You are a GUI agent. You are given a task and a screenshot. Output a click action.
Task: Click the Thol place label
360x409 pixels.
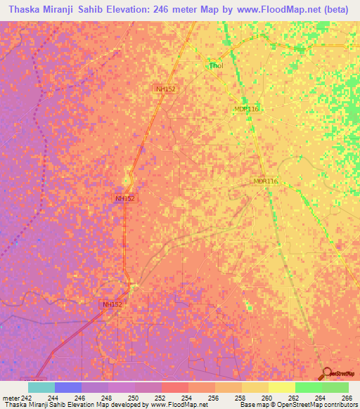coord(216,67)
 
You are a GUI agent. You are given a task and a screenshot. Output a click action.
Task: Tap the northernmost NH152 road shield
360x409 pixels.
coord(166,89)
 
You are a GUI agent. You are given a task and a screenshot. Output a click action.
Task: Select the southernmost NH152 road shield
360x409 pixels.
coord(112,304)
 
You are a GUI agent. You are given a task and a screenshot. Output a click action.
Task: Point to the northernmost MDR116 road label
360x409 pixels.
coord(247,109)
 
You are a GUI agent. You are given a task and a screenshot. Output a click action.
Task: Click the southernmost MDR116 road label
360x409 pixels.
coord(266,181)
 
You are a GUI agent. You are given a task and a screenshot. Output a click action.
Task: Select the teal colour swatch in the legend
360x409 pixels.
coord(41,387)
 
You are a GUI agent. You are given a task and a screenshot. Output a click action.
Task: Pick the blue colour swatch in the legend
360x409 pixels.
coord(68,387)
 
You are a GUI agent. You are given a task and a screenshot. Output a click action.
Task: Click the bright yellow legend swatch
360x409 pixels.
coord(281,387)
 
